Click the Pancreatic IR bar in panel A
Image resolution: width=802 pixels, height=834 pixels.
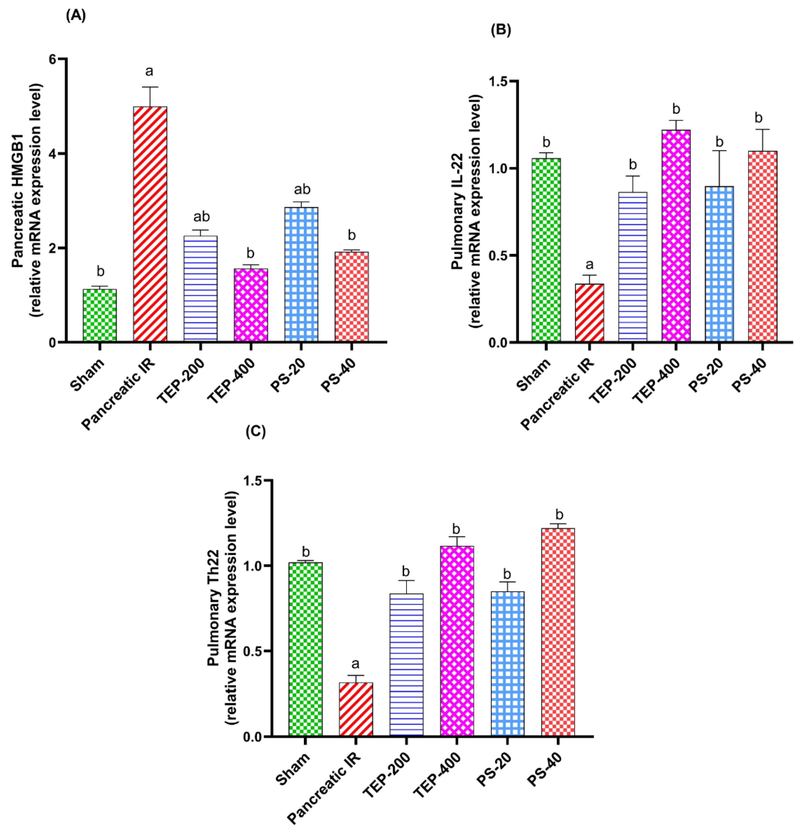tap(150, 223)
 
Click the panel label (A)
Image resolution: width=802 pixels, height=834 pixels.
tap(76, 16)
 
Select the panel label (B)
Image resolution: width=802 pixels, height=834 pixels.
tap(501, 30)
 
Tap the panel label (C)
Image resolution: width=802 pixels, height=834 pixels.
tap(256, 431)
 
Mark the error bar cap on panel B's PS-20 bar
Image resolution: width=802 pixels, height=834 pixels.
tap(719, 151)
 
